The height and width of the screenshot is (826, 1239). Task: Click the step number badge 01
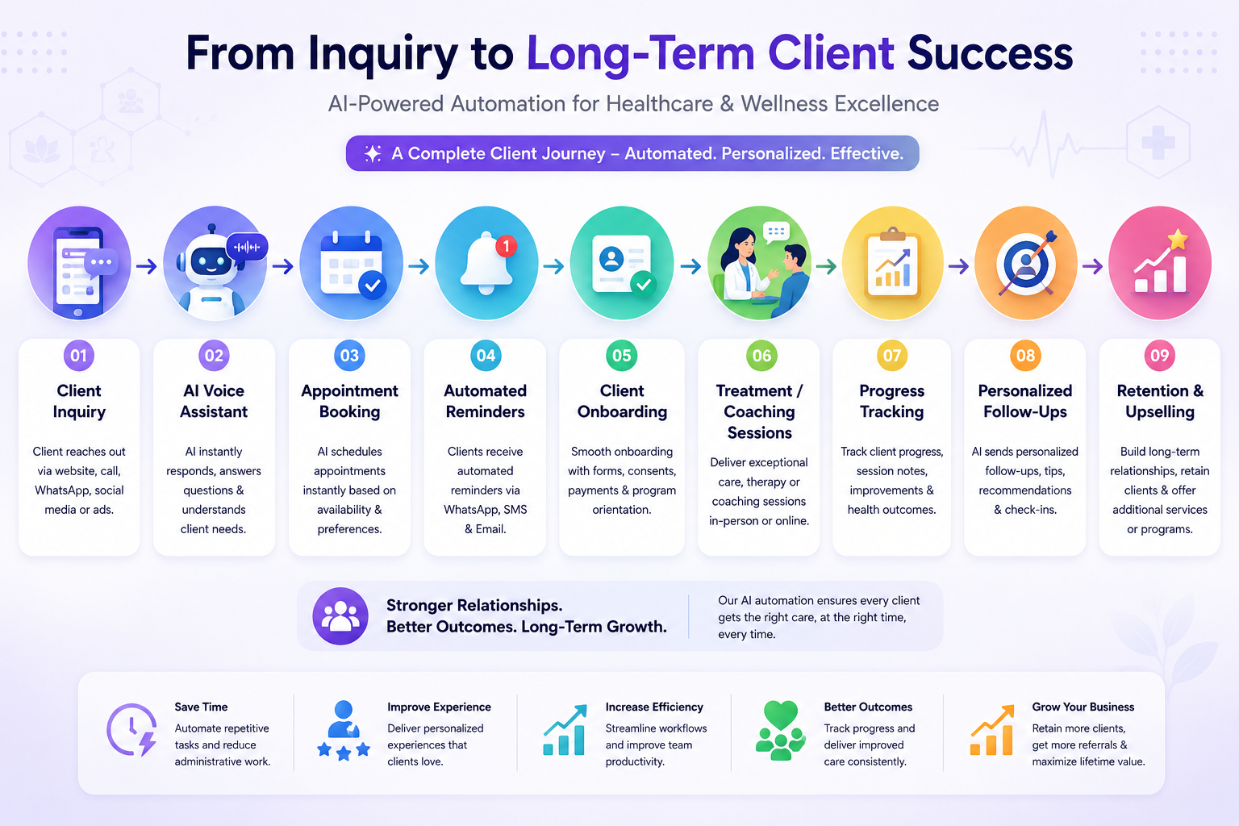click(x=78, y=355)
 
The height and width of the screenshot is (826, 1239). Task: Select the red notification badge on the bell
click(x=506, y=246)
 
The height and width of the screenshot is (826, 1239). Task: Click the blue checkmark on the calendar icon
click(x=372, y=286)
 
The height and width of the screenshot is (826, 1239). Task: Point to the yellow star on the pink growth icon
click(x=1178, y=240)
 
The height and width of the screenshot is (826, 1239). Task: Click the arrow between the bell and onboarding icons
click(x=553, y=267)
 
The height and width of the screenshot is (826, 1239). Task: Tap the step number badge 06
click(x=761, y=355)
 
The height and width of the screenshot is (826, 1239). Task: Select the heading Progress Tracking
click(x=891, y=401)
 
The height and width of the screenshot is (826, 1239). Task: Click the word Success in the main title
click(x=990, y=54)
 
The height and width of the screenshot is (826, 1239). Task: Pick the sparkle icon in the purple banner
click(x=373, y=153)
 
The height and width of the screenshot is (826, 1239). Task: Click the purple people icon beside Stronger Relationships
click(x=340, y=616)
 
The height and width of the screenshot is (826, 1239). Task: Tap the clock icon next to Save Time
click(x=131, y=730)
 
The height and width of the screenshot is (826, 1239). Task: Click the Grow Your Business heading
click(x=1083, y=707)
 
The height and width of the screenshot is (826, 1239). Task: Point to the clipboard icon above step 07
click(x=892, y=263)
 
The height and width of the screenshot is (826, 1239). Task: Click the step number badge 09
click(x=1159, y=355)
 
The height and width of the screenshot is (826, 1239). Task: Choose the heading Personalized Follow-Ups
click(x=1025, y=401)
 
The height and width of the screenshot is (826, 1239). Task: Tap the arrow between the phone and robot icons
click(x=147, y=267)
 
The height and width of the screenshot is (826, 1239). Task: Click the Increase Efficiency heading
click(x=654, y=707)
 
